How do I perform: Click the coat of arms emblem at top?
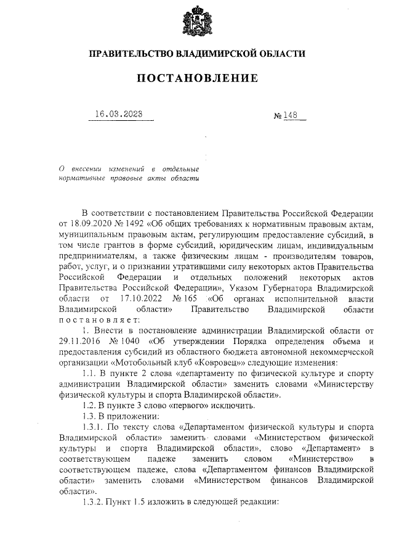(197, 22)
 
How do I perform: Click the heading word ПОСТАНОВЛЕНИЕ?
(197, 78)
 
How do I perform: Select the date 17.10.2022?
(136, 298)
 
